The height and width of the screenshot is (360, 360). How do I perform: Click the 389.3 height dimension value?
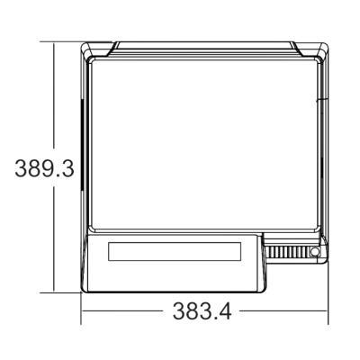(x=38, y=168)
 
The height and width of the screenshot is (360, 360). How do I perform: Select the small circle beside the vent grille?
(x=314, y=253)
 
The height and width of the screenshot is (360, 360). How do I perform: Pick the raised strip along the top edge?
(x=204, y=45)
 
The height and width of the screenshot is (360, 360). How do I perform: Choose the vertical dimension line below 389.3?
(x=56, y=238)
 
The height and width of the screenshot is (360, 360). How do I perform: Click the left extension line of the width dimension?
(x=82, y=306)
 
